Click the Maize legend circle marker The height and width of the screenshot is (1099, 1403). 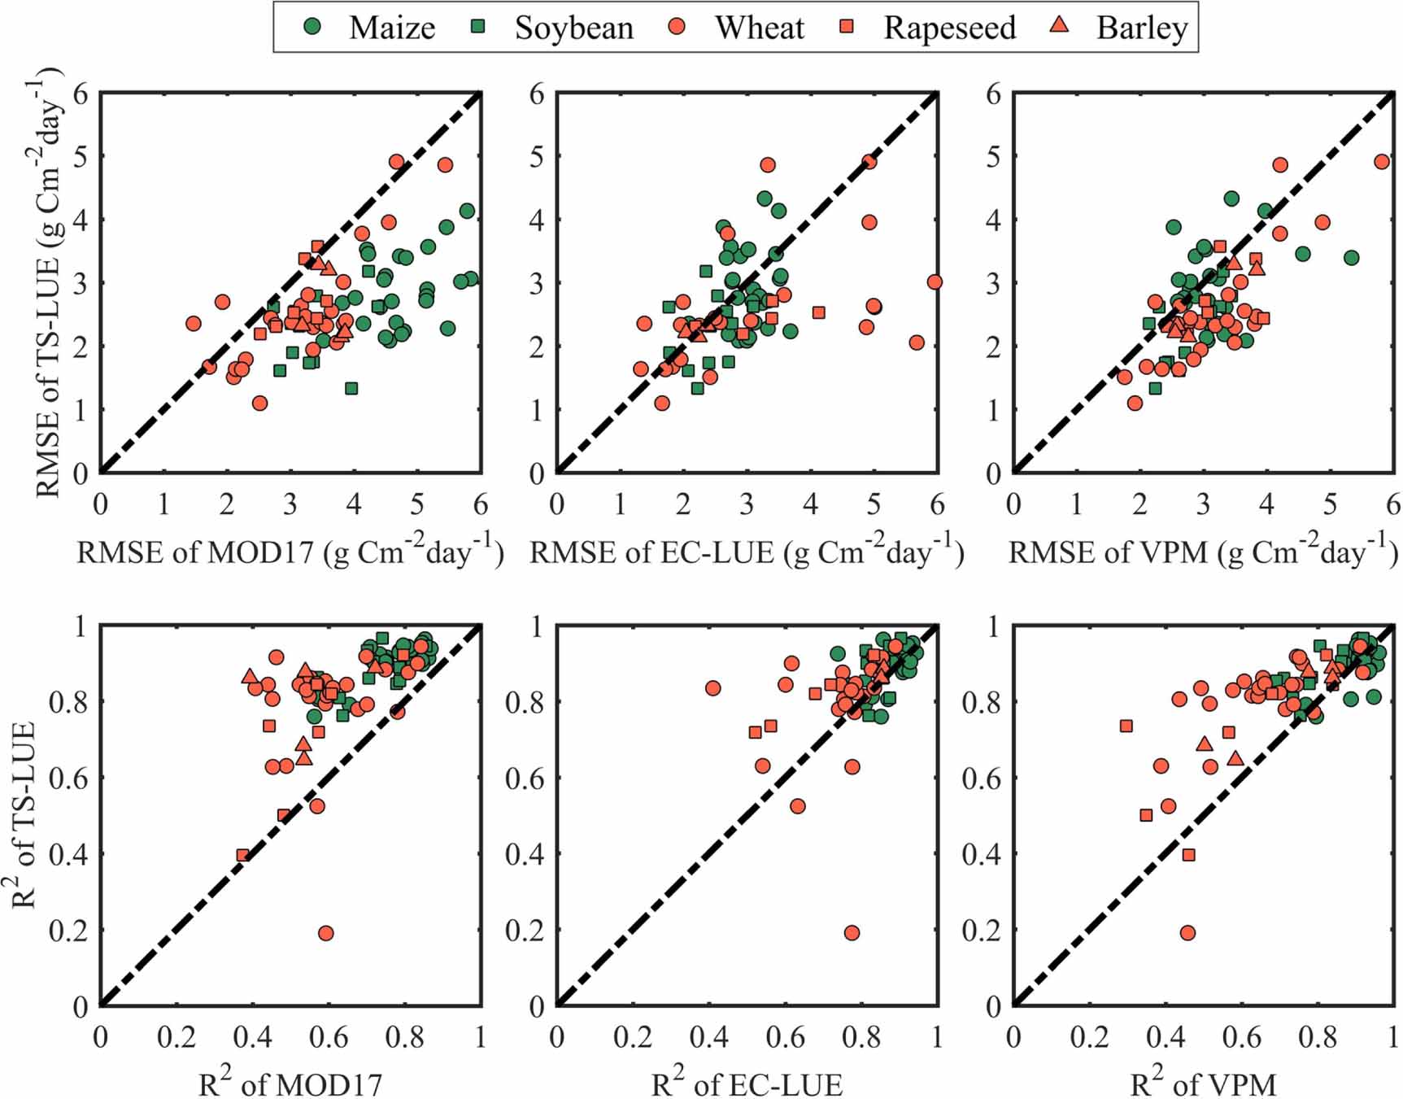click(312, 26)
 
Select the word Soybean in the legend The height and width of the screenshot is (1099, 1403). click(573, 28)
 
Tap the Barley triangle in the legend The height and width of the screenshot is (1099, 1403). click(1059, 26)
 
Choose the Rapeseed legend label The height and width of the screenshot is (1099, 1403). click(949, 28)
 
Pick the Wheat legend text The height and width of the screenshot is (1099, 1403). click(759, 28)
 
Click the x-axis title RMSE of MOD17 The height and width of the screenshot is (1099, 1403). click(290, 552)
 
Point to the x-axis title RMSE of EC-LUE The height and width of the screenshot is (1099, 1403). click(747, 552)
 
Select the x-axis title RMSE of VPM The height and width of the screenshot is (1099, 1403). click(1203, 552)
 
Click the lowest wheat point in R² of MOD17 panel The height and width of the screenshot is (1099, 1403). click(325, 933)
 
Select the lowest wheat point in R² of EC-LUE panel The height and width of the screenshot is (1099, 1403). click(852, 933)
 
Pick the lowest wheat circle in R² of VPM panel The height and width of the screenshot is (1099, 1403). click(1187, 933)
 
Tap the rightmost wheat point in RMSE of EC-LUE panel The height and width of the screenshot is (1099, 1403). click(934, 282)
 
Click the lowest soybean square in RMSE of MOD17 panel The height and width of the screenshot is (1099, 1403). click(351, 388)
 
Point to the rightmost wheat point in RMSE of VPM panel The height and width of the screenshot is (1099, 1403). click(1381, 162)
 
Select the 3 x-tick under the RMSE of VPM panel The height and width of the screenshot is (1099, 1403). click(1203, 505)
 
